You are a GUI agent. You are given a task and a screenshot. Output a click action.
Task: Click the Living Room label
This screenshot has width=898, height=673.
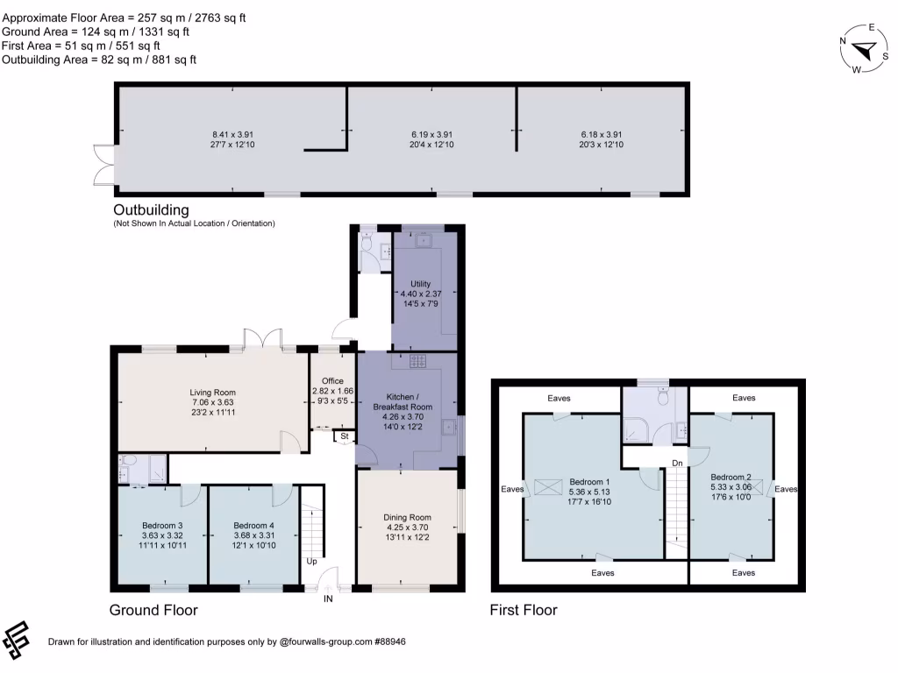[213, 393]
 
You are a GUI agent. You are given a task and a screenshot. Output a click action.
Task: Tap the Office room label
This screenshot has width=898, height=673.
[332, 381]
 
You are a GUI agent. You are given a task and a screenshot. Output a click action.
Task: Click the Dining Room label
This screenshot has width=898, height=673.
[408, 517]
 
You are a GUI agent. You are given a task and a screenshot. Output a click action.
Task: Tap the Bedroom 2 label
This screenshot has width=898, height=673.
[731, 477]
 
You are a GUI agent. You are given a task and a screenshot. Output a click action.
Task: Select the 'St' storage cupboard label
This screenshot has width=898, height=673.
[345, 436]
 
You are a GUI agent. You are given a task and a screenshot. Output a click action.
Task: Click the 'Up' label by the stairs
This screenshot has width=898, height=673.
[311, 561]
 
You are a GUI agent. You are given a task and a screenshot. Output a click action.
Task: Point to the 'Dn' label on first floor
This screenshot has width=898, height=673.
[677, 462]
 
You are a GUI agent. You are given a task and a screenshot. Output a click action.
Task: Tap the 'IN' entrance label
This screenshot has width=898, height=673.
[328, 599]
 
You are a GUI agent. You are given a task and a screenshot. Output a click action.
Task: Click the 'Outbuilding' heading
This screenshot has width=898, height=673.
[151, 210]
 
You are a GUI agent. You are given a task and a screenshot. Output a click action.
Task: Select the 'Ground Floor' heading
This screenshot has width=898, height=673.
[153, 610]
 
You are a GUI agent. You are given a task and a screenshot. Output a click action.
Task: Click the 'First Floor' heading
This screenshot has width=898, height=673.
[524, 610]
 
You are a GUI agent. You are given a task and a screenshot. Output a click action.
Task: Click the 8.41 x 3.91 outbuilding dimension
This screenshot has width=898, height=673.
[232, 134]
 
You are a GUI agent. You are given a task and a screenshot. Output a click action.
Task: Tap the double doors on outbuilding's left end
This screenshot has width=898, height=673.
[104, 165]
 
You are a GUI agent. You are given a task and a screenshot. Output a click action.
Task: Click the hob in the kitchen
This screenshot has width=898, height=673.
[417, 360]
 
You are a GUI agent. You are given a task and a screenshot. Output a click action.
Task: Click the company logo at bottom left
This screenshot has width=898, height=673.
[18, 641]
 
